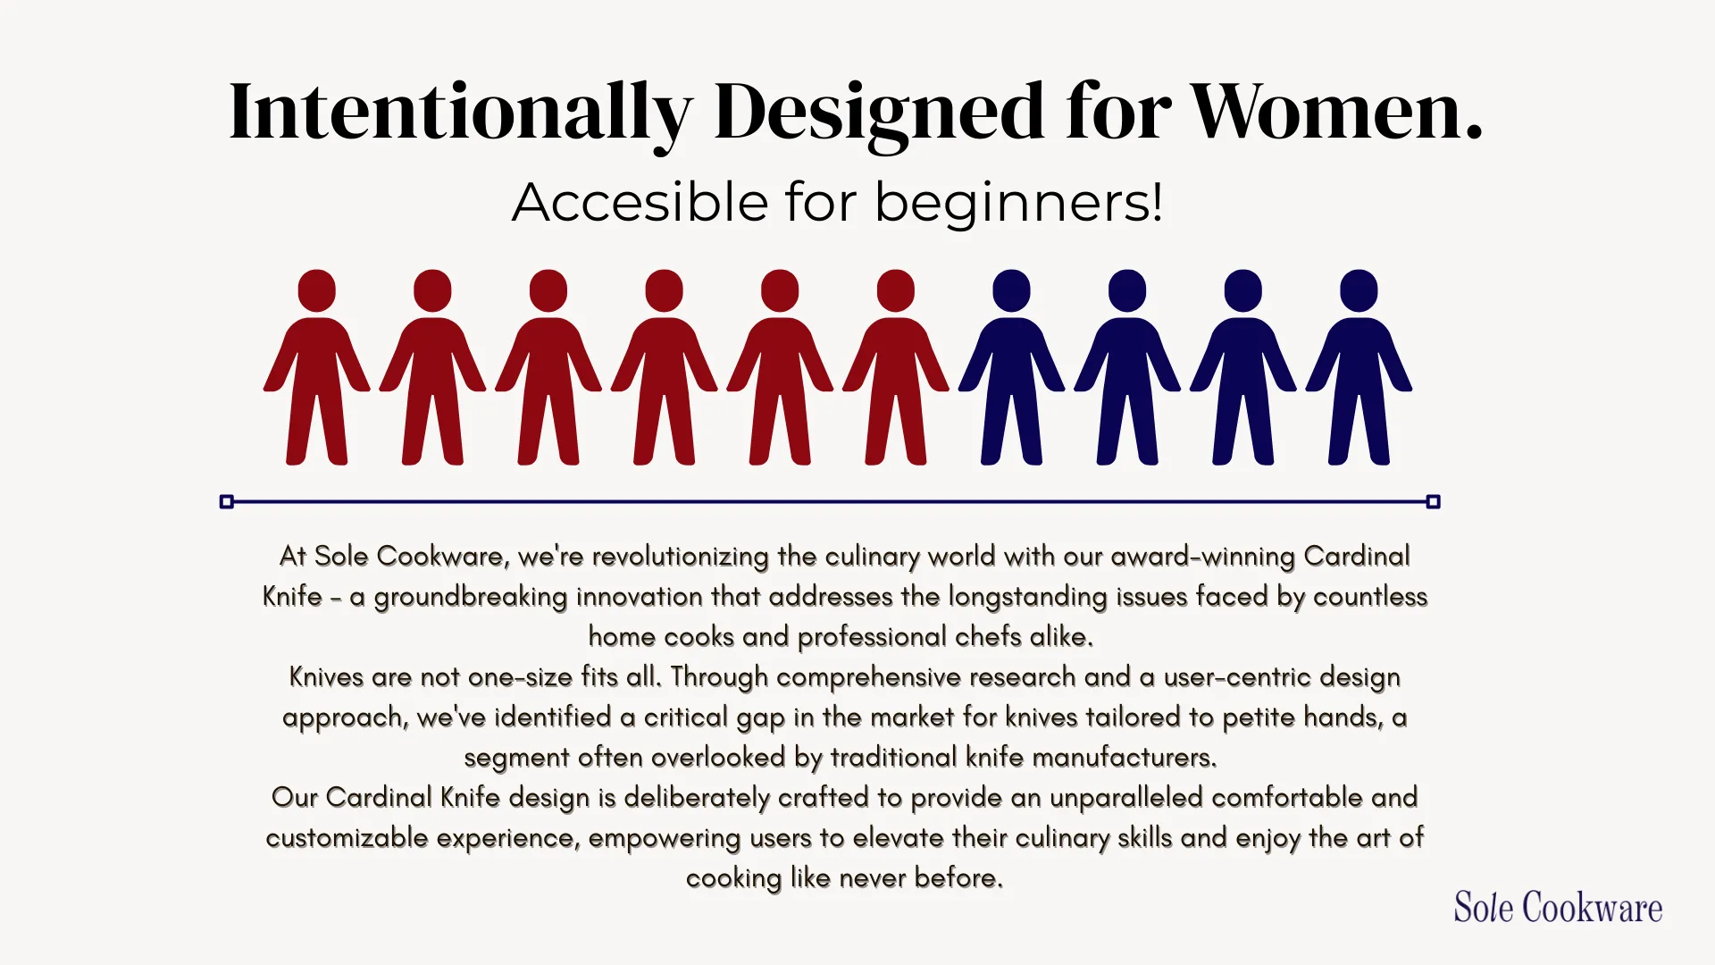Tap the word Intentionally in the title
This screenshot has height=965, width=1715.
click(461, 113)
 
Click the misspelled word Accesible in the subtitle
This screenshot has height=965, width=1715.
click(640, 202)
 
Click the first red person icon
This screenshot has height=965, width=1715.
click(316, 367)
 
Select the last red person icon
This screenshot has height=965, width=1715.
click(896, 367)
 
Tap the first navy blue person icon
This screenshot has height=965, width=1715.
click(1011, 367)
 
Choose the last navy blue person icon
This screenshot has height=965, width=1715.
click(1359, 367)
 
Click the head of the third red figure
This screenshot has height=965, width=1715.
click(548, 291)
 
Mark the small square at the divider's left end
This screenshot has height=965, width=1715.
click(227, 502)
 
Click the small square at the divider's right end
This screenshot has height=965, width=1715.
click(1434, 502)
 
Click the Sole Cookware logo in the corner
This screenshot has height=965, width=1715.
click(1558, 907)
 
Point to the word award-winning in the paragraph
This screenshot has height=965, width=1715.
click(1202, 557)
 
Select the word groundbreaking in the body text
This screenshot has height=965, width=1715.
click(471, 597)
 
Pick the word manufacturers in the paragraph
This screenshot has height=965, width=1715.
click(1124, 758)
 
